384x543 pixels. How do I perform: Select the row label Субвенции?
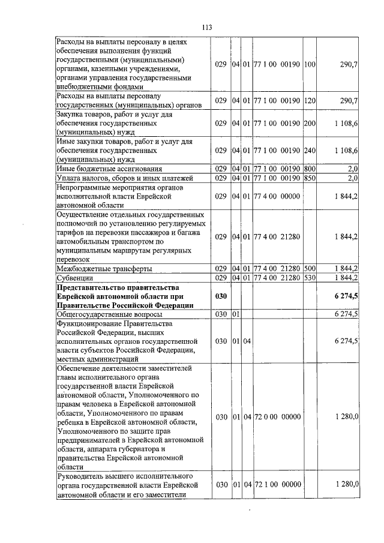(74, 278)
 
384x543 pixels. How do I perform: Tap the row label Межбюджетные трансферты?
(103, 268)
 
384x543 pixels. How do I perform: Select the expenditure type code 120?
(310, 100)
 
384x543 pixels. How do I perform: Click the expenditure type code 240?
(310, 150)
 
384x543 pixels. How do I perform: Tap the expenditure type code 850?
(310, 178)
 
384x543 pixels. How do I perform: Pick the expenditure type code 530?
(310, 278)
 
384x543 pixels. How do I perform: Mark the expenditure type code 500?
(310, 268)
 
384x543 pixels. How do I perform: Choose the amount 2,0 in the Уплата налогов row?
(352, 178)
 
